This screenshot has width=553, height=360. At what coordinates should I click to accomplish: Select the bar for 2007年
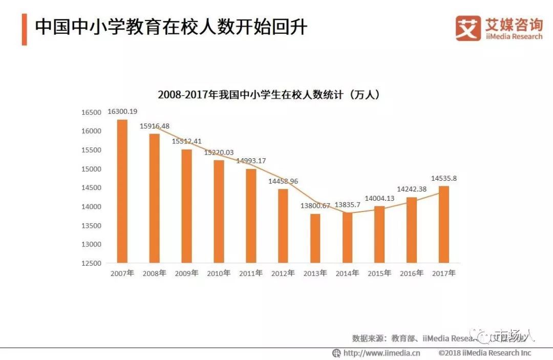(x=122, y=191)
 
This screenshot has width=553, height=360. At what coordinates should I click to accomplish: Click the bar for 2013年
(x=315, y=238)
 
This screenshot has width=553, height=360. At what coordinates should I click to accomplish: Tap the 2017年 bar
(x=444, y=224)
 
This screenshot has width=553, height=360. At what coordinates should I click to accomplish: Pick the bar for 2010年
(x=219, y=211)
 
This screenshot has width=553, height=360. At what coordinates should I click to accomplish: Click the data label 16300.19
(x=122, y=112)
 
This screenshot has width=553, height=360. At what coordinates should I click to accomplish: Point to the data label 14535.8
(x=444, y=178)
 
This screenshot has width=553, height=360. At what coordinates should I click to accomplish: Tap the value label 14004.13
(x=379, y=199)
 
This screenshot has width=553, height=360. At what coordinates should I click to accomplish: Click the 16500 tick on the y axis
(x=92, y=112)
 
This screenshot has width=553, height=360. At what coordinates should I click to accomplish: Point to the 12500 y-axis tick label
(x=92, y=263)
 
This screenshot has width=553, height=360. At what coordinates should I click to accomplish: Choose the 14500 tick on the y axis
(x=92, y=188)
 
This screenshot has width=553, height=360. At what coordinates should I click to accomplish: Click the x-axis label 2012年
(x=283, y=273)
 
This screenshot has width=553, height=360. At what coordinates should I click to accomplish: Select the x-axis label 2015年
(x=379, y=273)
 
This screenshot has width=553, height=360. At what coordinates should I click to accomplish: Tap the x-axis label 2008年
(x=154, y=273)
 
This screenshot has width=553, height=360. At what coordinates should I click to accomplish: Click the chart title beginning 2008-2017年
(x=268, y=95)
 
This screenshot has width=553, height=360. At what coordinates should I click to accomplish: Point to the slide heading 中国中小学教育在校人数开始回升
(x=171, y=27)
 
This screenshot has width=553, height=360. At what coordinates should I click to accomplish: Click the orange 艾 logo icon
(x=468, y=28)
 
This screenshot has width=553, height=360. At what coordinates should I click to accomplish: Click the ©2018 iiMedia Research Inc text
(x=484, y=353)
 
